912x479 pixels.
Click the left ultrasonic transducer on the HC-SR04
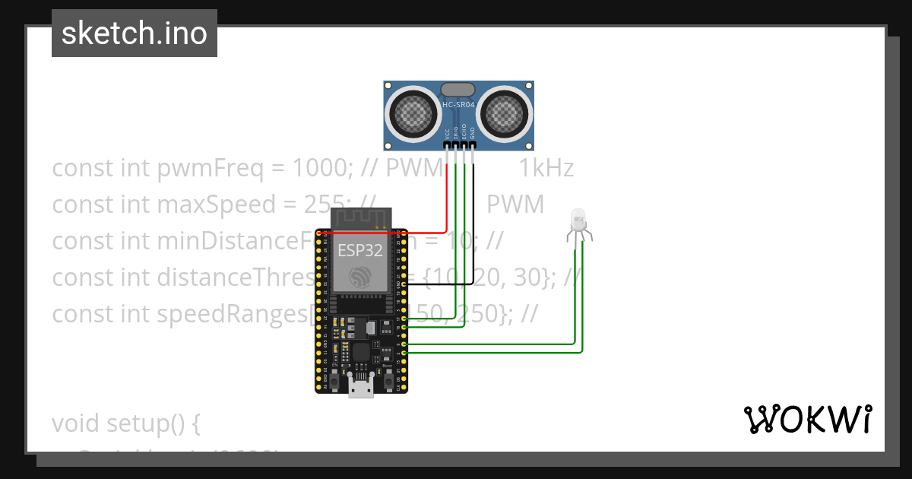coord(413,114)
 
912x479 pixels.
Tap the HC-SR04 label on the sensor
coord(458,104)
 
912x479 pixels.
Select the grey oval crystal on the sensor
coord(458,90)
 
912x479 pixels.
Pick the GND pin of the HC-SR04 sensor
coord(473,144)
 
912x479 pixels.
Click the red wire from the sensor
coord(445,198)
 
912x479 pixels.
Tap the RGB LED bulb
coord(578,220)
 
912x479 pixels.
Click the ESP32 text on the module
coord(359,250)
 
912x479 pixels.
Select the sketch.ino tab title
coord(135,33)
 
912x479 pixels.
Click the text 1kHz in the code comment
coord(546,168)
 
